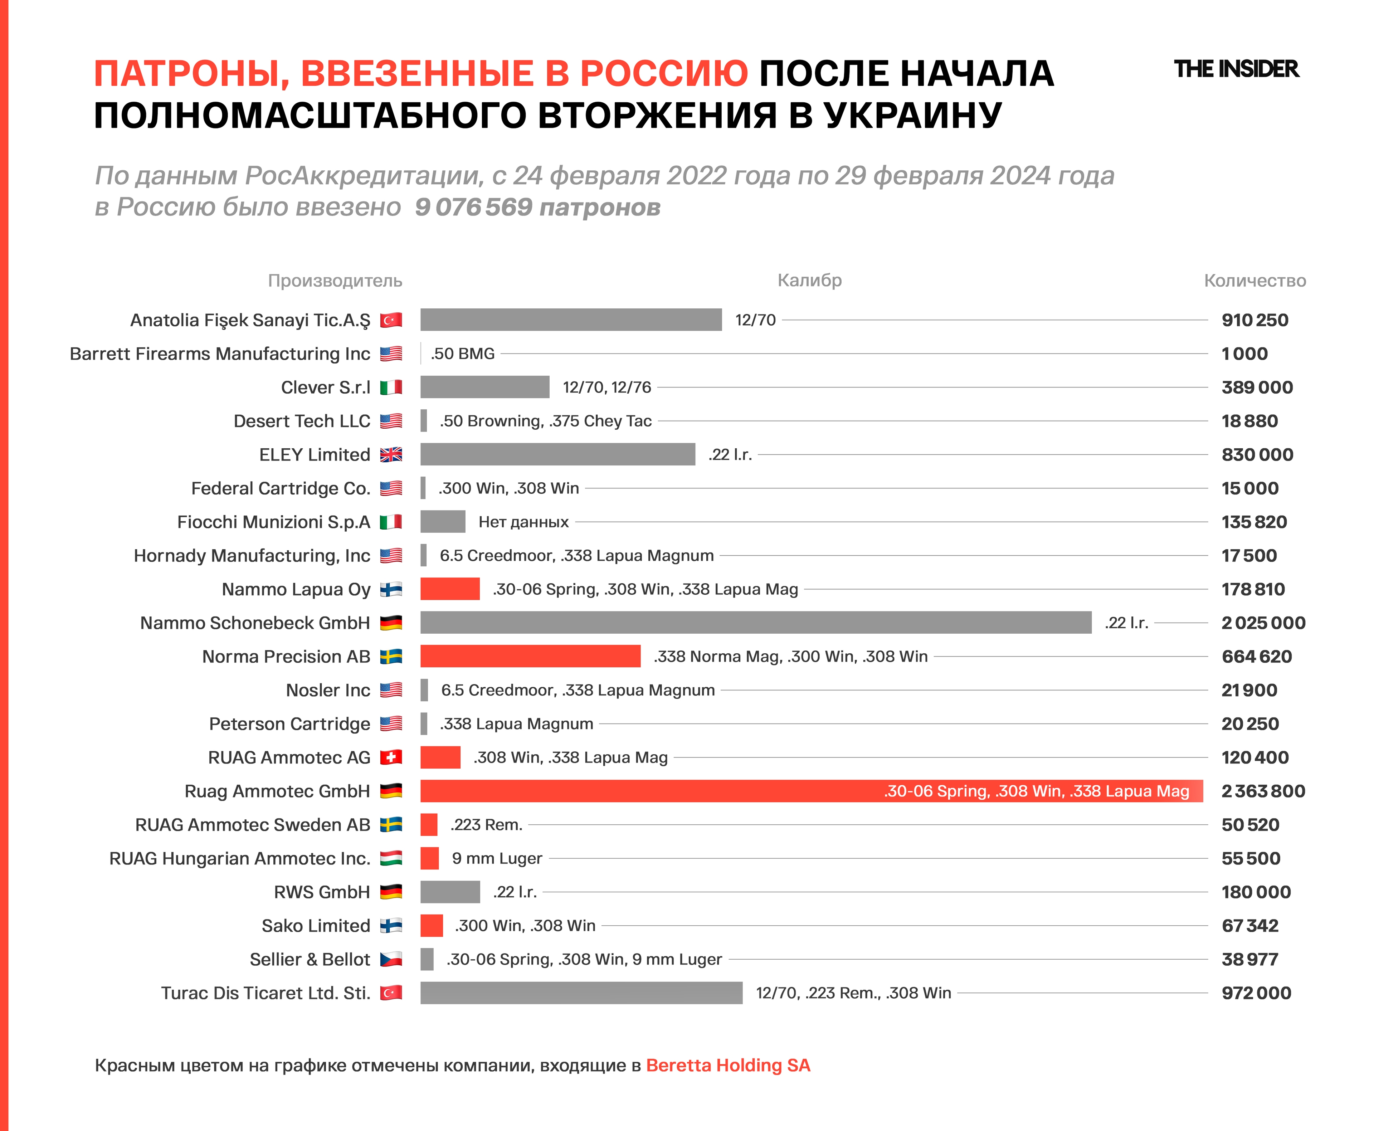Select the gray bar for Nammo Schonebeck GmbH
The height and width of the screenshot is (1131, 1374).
(x=756, y=623)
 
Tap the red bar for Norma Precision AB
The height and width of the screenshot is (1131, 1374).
(x=530, y=656)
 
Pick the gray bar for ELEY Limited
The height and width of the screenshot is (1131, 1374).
(x=558, y=454)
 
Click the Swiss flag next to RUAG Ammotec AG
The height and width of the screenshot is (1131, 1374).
(x=391, y=757)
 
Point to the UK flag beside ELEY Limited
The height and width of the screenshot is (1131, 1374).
(x=391, y=454)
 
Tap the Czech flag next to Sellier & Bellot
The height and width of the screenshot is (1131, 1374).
(x=391, y=959)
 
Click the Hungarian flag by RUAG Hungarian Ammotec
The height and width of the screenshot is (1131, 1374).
(x=391, y=858)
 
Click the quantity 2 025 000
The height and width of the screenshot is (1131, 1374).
(x=1263, y=623)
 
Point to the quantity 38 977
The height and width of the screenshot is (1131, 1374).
(x=1249, y=959)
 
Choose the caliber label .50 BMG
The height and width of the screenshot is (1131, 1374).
(x=463, y=354)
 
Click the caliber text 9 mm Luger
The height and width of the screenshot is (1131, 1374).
(x=497, y=858)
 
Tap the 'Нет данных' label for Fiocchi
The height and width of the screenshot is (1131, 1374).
(x=523, y=522)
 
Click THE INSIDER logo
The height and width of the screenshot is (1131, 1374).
(x=1236, y=69)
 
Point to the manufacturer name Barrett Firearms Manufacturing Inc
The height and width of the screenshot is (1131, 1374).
(x=220, y=354)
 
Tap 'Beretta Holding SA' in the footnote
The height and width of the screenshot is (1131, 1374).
(x=728, y=1065)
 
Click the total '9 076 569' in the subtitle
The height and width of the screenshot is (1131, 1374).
(x=474, y=207)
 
